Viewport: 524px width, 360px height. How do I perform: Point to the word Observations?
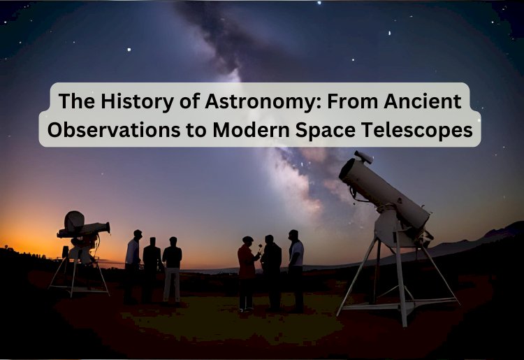point(119,130)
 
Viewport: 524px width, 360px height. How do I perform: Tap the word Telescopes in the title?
point(423,130)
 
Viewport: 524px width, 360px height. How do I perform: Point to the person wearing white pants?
point(172,269)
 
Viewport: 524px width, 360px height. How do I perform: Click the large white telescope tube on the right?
point(384,192)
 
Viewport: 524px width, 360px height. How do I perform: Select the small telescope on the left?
point(82,229)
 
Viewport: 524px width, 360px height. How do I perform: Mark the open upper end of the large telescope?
point(347,168)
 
